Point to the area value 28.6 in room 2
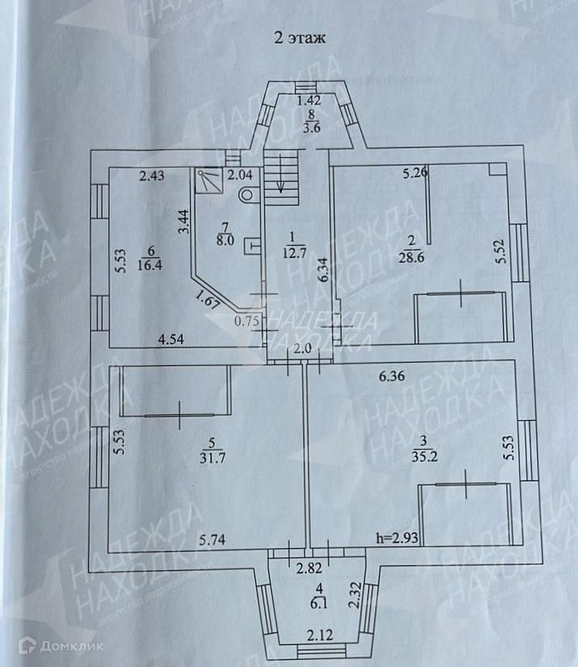411,258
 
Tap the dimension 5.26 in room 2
415,172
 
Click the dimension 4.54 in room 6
171,340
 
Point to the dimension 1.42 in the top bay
309,102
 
